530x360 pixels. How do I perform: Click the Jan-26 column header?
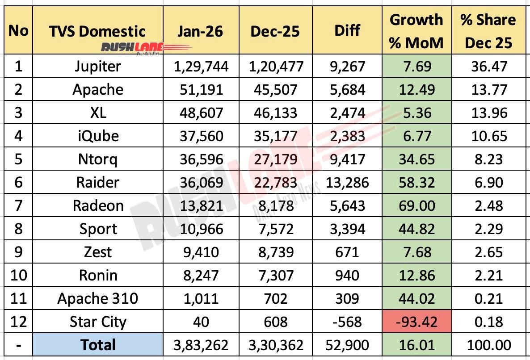(201, 31)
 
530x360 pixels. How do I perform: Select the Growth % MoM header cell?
(416, 31)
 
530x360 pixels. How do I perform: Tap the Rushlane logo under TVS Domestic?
(133, 47)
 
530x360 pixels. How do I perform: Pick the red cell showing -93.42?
(416, 322)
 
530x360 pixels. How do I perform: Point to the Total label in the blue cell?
(97, 345)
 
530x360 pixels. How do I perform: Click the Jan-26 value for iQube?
(201, 136)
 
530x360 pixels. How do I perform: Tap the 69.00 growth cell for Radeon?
(416, 206)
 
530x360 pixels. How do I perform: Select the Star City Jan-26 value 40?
(201, 322)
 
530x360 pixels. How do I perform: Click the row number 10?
(18, 276)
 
